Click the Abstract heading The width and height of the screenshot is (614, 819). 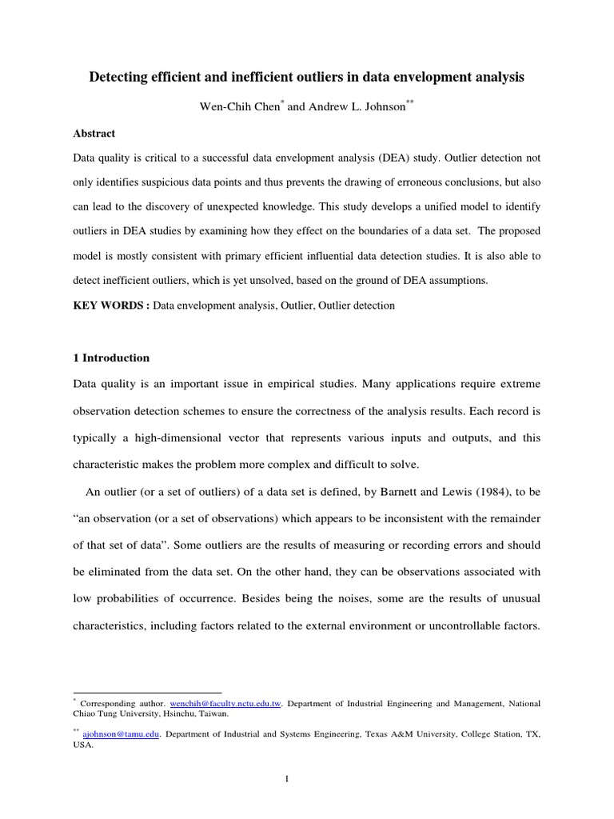pyautogui.click(x=94, y=134)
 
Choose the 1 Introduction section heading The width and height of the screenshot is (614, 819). pyautogui.click(x=111, y=358)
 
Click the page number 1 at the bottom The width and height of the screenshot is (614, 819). pyautogui.click(x=308, y=781)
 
